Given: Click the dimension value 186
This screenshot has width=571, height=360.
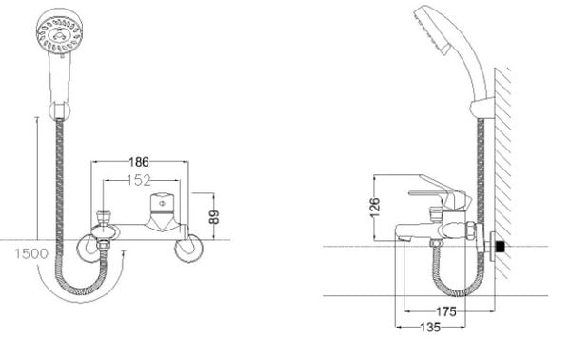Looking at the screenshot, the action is click(139, 162).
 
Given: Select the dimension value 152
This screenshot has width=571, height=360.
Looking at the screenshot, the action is click(139, 180).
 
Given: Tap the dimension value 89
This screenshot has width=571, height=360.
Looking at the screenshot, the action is click(215, 217).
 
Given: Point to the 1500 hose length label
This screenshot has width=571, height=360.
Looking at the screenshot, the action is click(31, 253).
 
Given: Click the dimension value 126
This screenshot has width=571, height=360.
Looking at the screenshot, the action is click(375, 208).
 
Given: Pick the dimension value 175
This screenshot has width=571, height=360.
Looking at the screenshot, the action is click(446, 311).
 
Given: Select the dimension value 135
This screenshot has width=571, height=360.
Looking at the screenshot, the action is click(430, 328).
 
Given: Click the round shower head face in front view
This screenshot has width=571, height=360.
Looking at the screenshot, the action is click(59, 34).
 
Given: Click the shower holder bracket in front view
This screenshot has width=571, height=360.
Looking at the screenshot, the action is click(59, 110).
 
